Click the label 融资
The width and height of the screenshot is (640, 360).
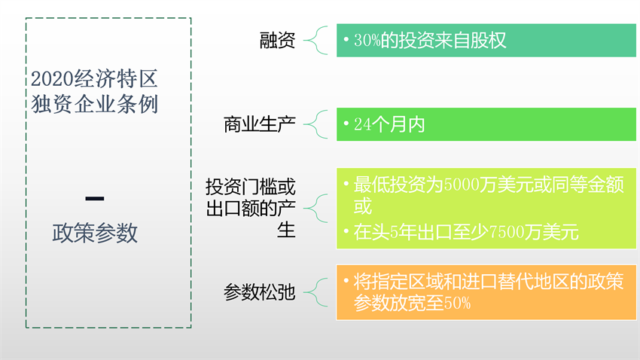pos(277,41)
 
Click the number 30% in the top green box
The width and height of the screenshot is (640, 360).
pos(367,41)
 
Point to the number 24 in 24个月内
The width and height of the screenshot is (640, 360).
pos(362,124)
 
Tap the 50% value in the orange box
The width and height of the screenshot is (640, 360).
pos(456,304)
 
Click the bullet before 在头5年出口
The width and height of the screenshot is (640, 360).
pos(346,230)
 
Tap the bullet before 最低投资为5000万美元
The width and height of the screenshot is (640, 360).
pos(346,184)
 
